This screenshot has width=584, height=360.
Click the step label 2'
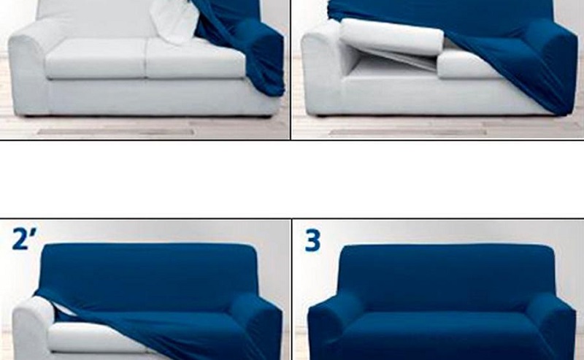click(x=24, y=239)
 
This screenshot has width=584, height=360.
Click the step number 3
click(x=312, y=240)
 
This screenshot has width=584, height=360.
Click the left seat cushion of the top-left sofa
click(x=96, y=59)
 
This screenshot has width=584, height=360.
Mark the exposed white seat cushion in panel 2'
click(x=88, y=335)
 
